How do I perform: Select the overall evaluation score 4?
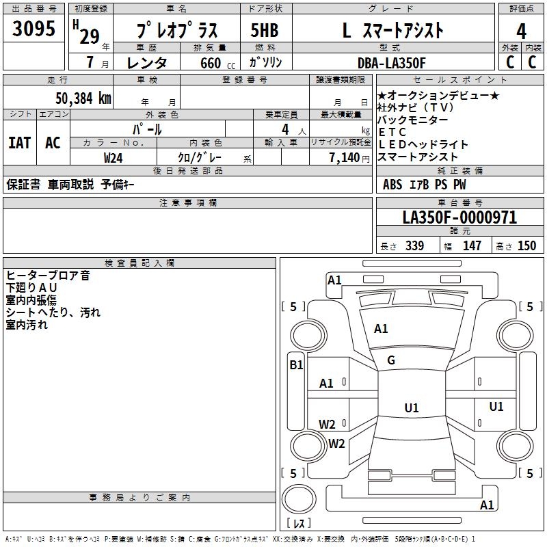tap(521, 31)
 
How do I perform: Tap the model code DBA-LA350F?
tap(391, 63)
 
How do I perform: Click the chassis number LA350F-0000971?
tap(459, 217)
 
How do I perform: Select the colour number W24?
tap(114, 157)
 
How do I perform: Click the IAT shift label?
tap(19, 143)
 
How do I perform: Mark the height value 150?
tap(526, 245)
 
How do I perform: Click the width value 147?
tap(472, 245)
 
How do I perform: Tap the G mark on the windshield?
tap(391, 360)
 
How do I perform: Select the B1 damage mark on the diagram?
tap(296, 365)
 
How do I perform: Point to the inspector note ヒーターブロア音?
tap(48, 276)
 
